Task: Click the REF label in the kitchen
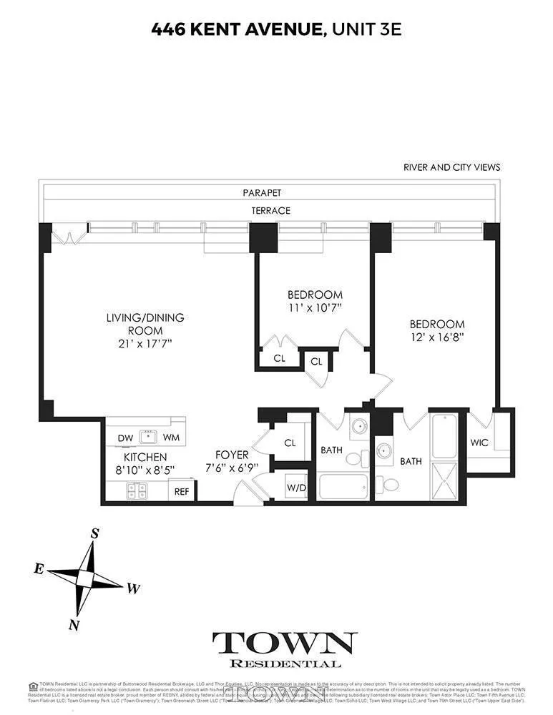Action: [181, 491]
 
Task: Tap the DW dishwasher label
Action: [124, 437]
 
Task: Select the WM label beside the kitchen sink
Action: [171, 437]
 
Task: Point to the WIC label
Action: [479, 443]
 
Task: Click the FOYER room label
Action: [233, 455]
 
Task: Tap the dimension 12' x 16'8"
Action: [437, 338]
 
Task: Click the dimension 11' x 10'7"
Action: [315, 308]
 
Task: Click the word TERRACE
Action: [270, 211]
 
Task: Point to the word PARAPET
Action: [262, 193]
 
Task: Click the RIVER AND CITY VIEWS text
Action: [451, 167]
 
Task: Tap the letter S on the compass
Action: [94, 533]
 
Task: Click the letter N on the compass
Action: [74, 624]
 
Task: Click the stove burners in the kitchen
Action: [137, 490]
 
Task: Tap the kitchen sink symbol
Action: [149, 436]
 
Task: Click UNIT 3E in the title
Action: [366, 29]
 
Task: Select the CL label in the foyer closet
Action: [290, 443]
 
